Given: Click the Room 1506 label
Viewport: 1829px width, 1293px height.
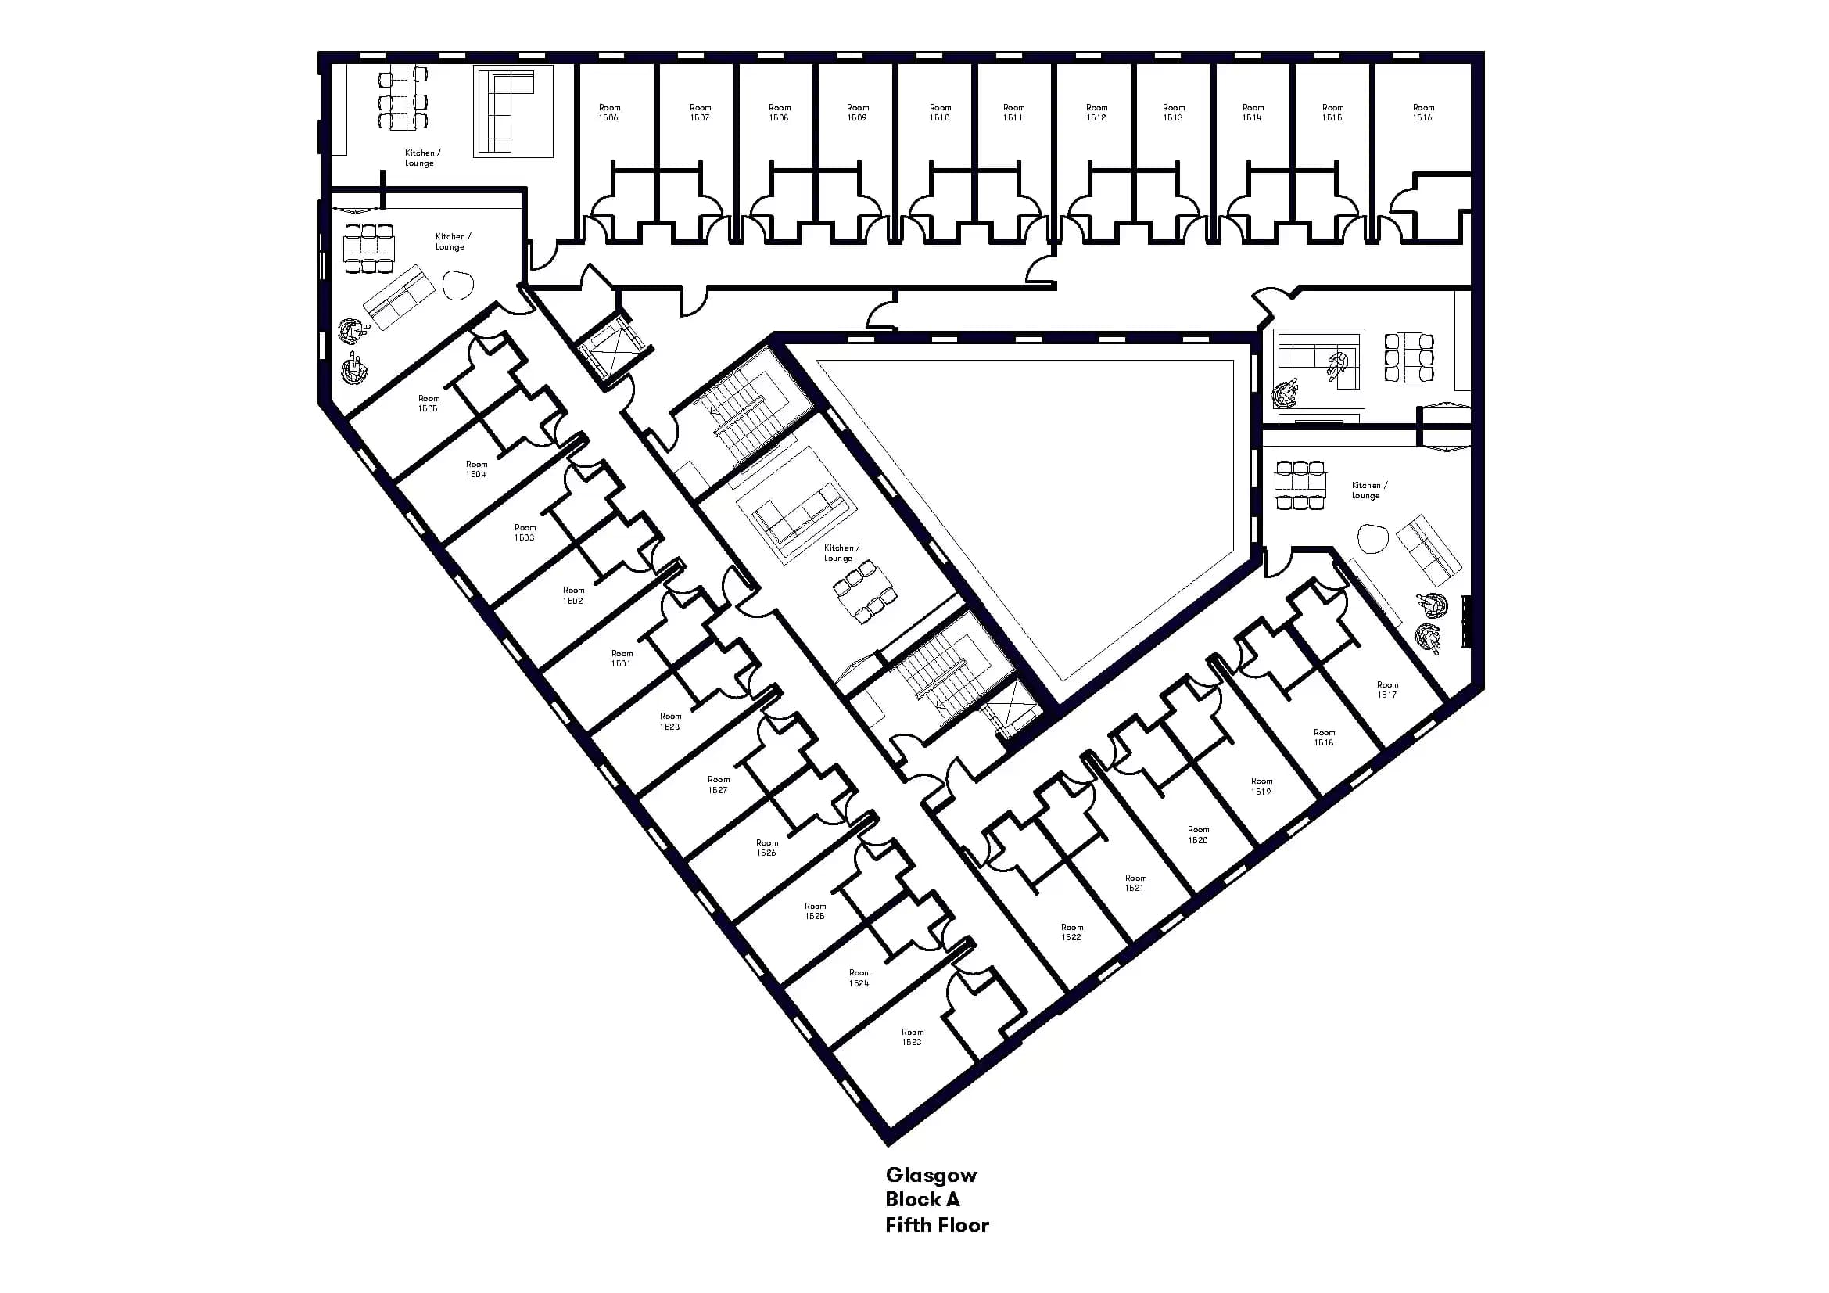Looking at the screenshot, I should point(608,113).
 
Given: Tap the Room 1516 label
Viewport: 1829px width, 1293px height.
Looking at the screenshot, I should point(1422,113).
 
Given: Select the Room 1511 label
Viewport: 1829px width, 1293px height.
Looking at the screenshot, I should point(1013,113).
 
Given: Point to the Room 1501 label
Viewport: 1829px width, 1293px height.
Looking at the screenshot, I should point(622,658).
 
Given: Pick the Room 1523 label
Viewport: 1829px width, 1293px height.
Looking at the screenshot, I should point(912,1036).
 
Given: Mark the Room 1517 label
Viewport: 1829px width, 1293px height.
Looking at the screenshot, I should point(1387,689).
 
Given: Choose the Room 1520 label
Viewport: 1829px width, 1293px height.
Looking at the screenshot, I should point(1198,834).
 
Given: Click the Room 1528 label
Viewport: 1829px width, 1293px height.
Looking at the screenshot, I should point(670,721).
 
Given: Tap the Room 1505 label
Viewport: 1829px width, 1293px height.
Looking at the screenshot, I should point(429,403).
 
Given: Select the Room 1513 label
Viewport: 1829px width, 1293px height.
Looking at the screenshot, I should point(1174,113).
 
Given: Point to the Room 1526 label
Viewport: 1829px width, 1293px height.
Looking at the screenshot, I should point(766,848).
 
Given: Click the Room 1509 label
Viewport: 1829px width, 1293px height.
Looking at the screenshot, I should point(857,113).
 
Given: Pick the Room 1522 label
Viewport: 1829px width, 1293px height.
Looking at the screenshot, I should point(1071,932).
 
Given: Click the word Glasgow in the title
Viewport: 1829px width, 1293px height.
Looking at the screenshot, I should point(931,1175).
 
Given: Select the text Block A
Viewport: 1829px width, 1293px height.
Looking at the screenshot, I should point(923,1199).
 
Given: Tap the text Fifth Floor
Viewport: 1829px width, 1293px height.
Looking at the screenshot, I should point(937,1224).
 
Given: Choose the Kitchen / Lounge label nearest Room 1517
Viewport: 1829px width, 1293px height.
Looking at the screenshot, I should point(1368,490).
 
